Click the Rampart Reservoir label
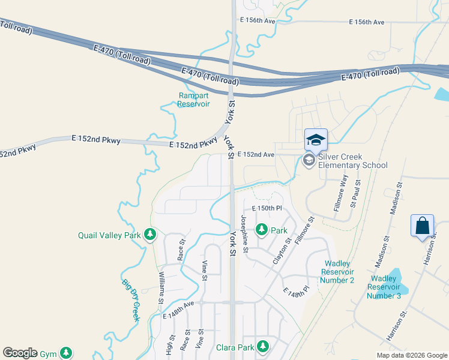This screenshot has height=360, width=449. point(194,100)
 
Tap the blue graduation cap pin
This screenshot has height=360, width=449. point(316,140)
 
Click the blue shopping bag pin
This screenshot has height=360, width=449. point(423,226)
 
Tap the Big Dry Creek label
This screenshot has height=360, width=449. point(131,300)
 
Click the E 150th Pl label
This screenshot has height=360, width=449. point(267,208)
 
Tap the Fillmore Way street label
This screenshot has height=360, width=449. point(340,191)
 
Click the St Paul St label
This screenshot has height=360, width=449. point(355,191)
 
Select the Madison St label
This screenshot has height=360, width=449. point(394,198)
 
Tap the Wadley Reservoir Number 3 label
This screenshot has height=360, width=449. point(384,287)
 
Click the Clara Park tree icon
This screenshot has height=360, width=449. point(263,346)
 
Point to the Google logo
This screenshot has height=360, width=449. point(20,353)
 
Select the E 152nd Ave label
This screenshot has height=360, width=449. point(256,154)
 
